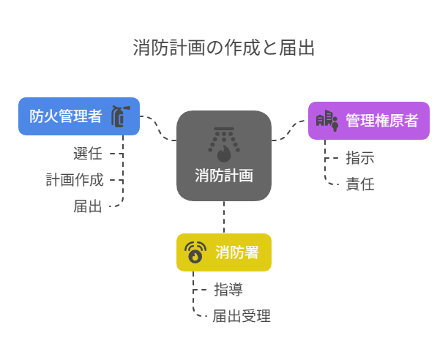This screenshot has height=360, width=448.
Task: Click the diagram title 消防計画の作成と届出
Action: [x=224, y=48]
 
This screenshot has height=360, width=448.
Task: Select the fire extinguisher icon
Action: [x=119, y=116]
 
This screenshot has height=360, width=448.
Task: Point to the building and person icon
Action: [x=327, y=120]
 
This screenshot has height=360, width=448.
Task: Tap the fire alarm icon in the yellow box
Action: [x=195, y=252]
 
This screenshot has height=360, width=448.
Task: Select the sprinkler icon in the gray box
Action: [x=224, y=143]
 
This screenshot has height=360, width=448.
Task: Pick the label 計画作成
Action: [x=74, y=179]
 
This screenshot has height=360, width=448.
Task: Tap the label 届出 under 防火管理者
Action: [x=88, y=206]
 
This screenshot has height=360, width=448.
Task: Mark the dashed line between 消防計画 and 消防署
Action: [x=224, y=217]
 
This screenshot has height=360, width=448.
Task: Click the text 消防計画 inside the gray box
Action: [x=224, y=176]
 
